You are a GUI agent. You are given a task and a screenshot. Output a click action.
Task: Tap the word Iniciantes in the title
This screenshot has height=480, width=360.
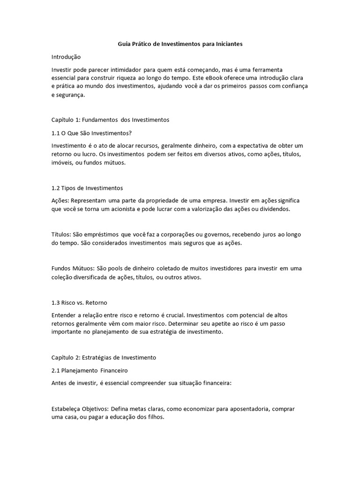[x=228, y=44]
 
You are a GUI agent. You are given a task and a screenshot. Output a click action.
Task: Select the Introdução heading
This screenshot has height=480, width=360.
[x=66, y=57]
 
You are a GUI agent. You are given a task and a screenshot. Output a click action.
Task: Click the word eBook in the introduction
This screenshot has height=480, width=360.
[x=227, y=78]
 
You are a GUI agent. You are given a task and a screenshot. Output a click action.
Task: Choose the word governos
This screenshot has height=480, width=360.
[x=214, y=234]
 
